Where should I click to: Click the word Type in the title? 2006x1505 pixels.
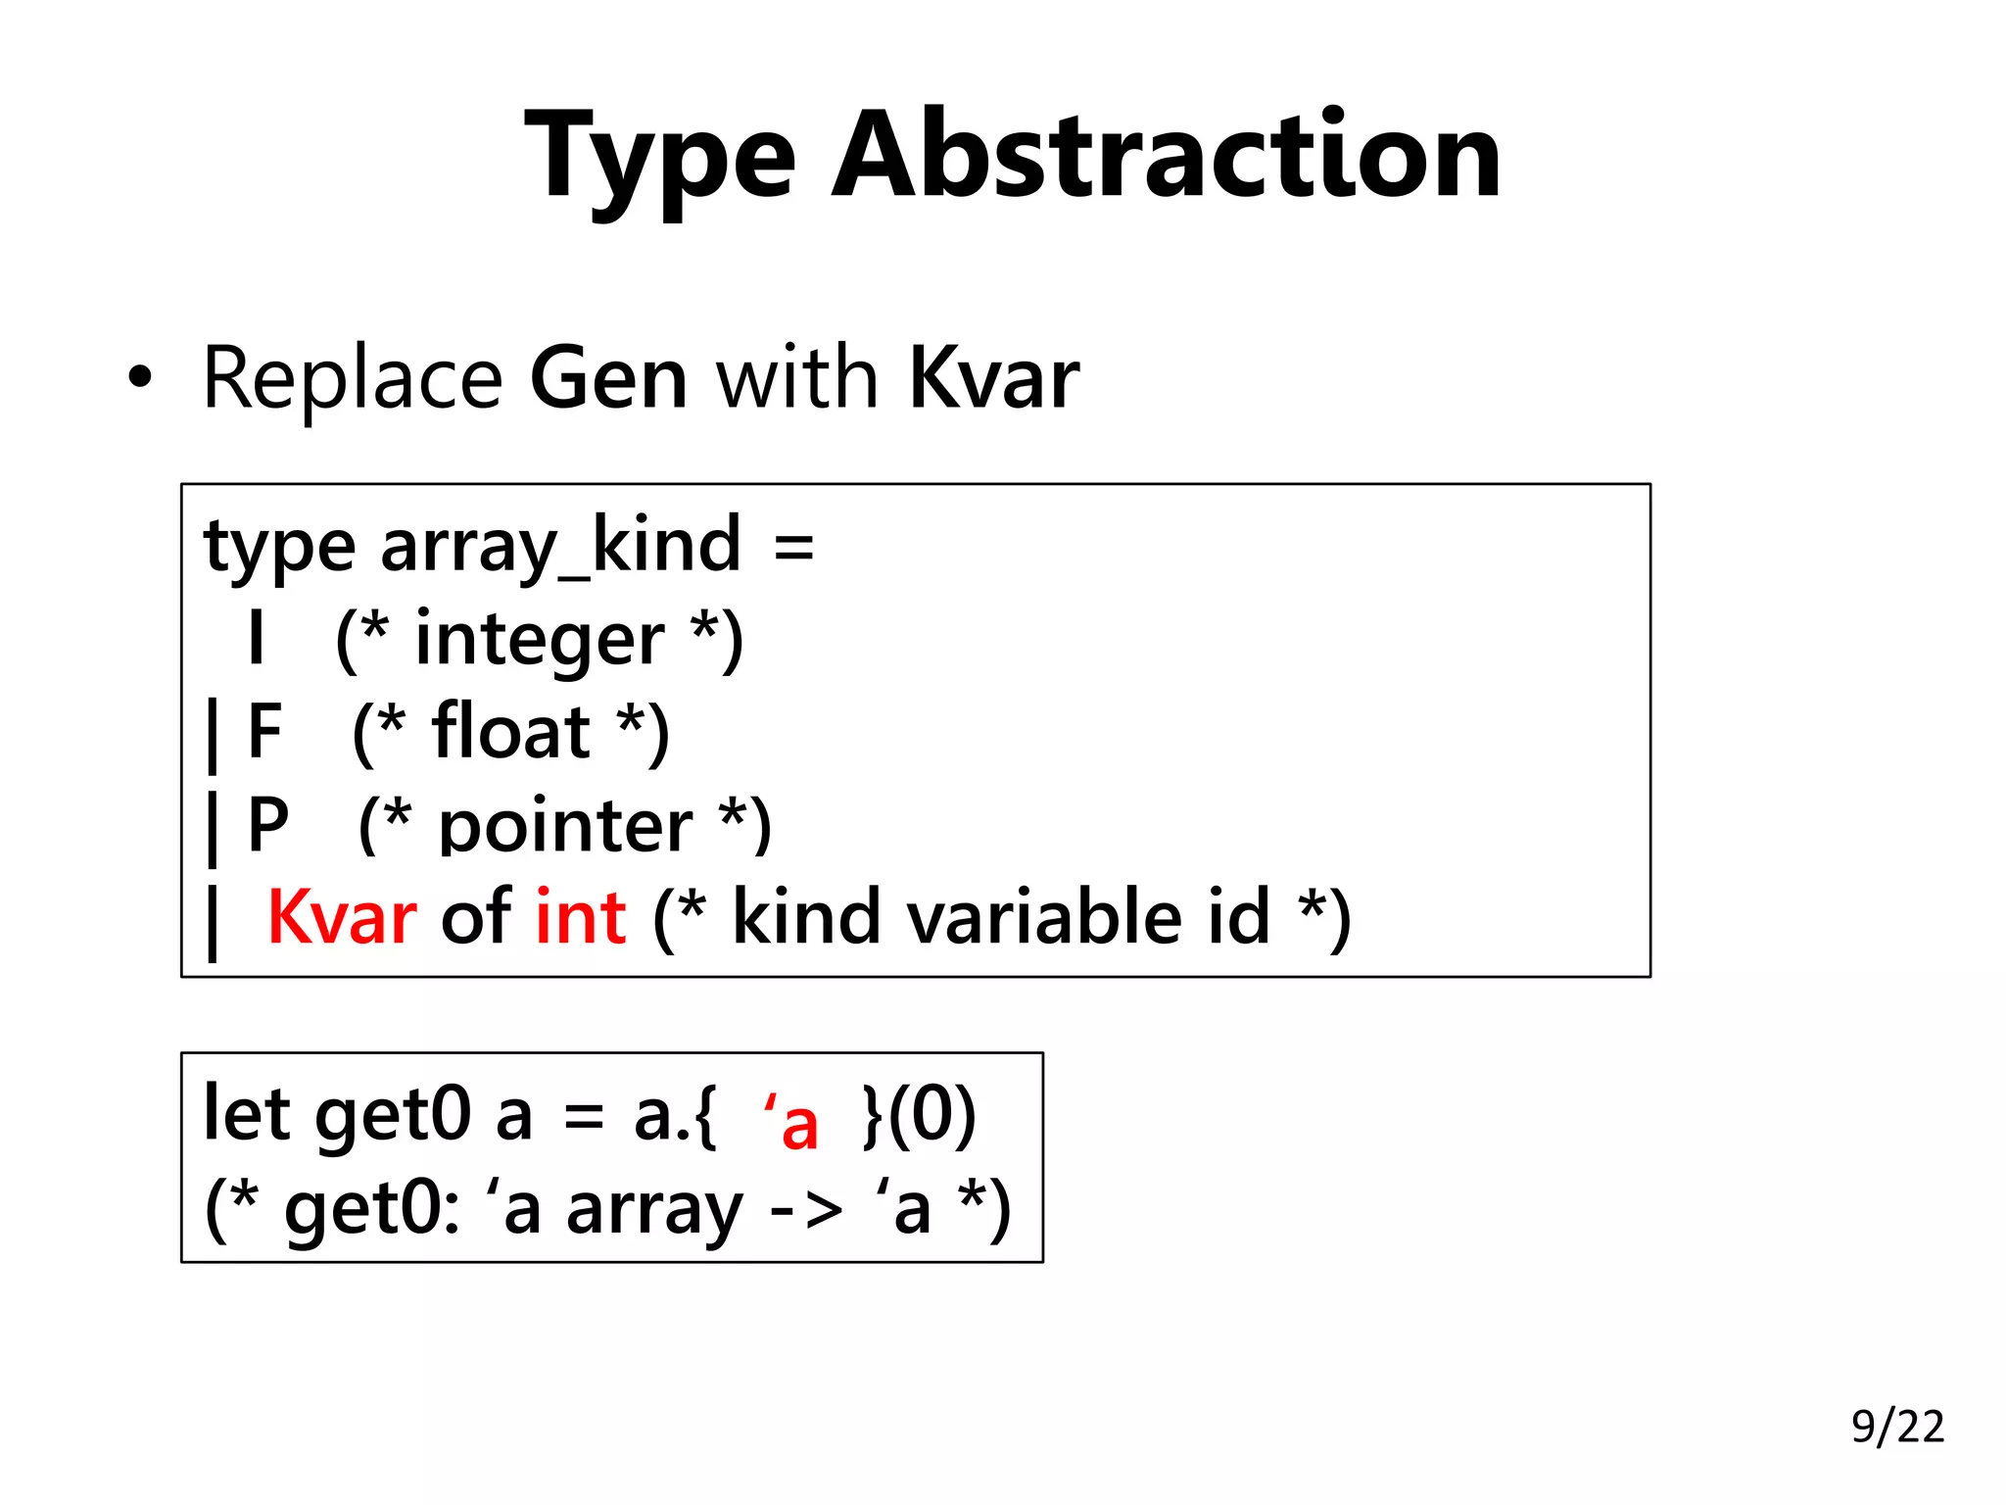point(660,157)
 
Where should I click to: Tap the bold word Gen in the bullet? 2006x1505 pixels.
point(608,378)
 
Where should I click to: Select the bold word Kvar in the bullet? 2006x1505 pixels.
point(993,378)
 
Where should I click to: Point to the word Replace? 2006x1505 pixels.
point(353,378)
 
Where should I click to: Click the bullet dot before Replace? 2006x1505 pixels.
point(140,378)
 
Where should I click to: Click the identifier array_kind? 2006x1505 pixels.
point(560,547)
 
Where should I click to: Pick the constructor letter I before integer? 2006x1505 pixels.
point(256,639)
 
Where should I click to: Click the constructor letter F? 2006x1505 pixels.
point(264,732)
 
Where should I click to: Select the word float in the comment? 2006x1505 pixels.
point(510,732)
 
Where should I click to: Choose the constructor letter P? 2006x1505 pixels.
point(267,825)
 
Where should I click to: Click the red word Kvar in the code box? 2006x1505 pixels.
point(342,918)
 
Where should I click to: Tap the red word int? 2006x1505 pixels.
point(581,918)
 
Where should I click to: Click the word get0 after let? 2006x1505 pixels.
point(393,1117)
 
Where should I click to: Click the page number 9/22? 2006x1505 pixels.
point(1897,1427)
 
